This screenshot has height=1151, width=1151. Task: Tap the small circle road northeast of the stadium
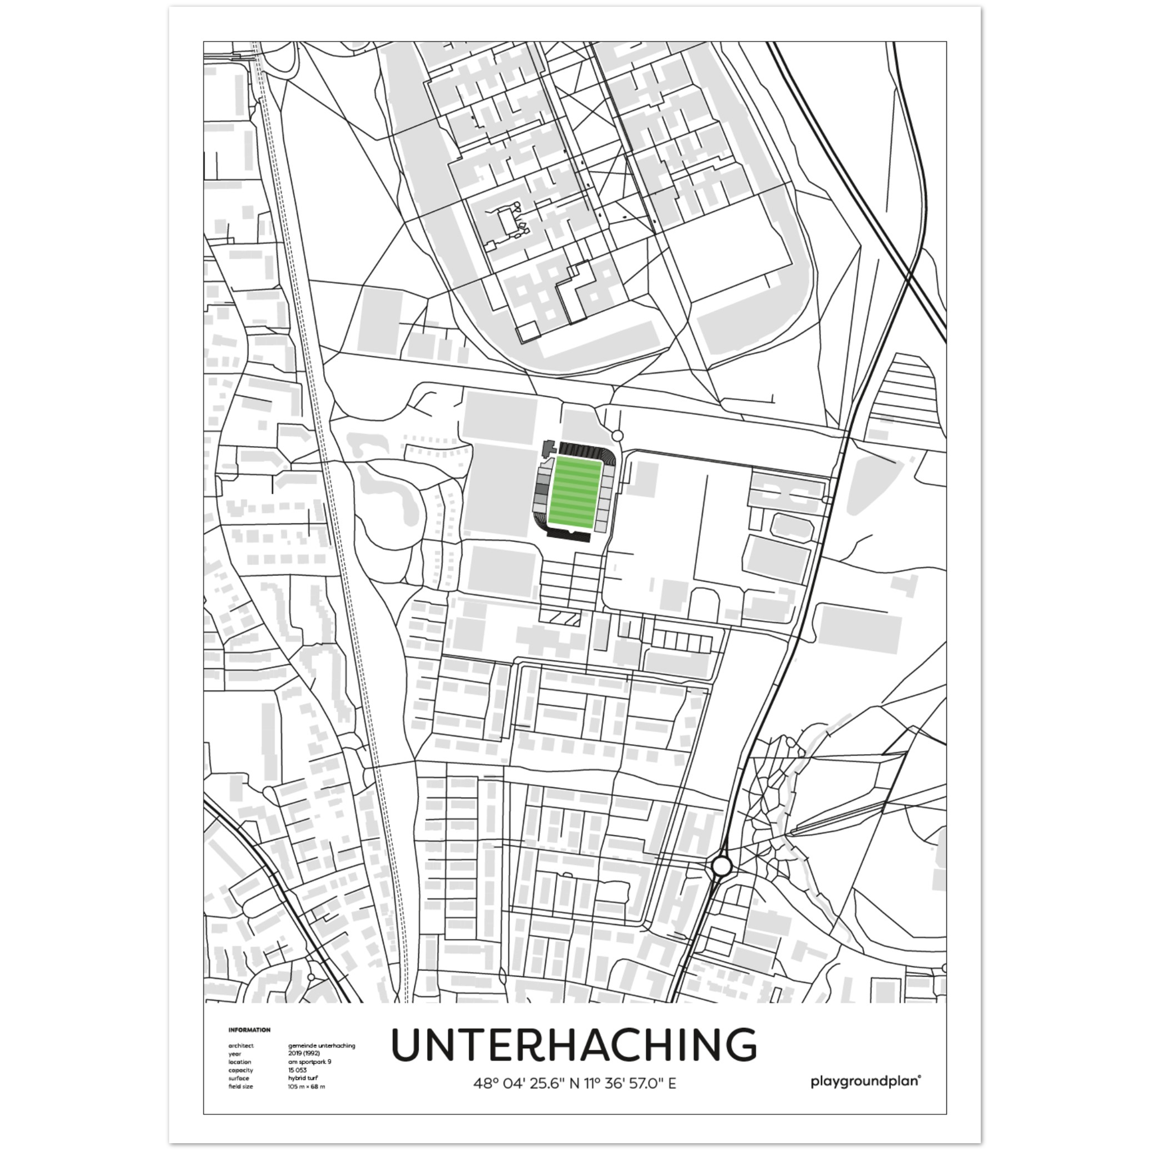point(617,436)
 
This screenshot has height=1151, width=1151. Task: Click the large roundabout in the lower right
point(721,866)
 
